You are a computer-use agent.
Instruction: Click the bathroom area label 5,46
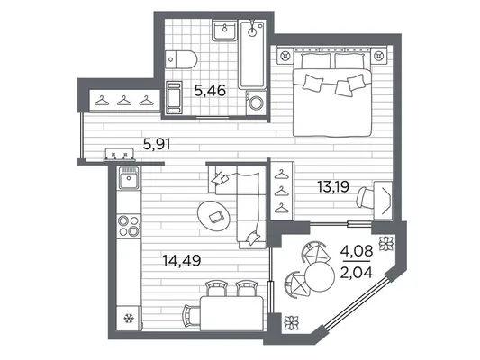210,91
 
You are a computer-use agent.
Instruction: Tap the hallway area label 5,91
157,144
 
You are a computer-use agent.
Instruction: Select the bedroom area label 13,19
333,186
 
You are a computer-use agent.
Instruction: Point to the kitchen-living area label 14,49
182,261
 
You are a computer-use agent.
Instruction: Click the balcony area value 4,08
357,251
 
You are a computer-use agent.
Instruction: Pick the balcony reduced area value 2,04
357,272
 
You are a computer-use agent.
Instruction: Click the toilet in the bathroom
181,59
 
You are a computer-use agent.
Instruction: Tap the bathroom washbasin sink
225,30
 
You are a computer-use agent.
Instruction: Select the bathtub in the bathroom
252,54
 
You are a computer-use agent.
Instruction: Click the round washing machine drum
257,103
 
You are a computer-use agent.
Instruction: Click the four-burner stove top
129,226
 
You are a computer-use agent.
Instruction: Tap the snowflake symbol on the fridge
129,319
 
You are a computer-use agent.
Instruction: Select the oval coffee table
214,217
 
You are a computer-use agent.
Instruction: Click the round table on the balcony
320,277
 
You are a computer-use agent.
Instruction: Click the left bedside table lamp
285,56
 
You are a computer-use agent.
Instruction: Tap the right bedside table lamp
379,56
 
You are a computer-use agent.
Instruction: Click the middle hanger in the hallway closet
124,100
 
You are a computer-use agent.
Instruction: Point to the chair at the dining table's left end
190,316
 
